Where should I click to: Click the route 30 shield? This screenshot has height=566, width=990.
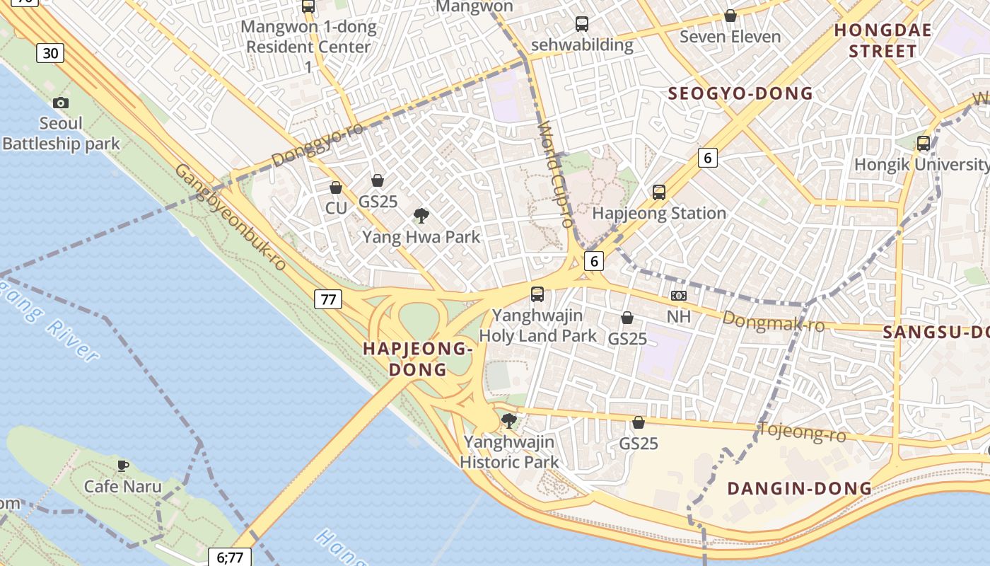coord(50,52)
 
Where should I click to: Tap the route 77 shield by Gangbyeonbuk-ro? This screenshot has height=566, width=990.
coord(328,299)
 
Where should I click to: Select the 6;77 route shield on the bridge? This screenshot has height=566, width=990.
coord(230,557)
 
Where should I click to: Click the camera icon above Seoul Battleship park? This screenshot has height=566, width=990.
coord(61,103)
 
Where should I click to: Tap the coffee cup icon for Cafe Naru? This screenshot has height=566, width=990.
coord(123,466)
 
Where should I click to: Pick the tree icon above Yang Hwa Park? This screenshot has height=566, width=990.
coord(421,215)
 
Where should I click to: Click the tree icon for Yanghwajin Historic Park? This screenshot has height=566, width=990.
coord(508,421)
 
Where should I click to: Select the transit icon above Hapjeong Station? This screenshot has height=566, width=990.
coord(659,192)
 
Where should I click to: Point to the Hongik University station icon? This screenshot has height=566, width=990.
coord(923,144)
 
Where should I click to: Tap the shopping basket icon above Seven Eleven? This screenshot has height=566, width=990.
coord(730,16)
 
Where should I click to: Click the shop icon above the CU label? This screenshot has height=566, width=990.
coord(336,187)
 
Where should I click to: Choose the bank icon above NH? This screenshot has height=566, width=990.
coord(678,296)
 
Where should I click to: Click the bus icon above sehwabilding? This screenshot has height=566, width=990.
coord(582,24)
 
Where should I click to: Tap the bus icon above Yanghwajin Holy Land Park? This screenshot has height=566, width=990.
coord(537,294)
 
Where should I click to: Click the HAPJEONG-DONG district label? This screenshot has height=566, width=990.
coord(417,359)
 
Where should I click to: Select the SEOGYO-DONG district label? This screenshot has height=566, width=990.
coord(740,93)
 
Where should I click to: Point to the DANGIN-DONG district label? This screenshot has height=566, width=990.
coord(799,488)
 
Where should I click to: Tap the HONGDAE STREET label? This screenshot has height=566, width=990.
coord(883,40)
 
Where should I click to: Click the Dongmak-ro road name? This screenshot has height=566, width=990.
coord(774,322)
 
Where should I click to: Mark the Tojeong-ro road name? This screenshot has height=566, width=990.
coord(802,431)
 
